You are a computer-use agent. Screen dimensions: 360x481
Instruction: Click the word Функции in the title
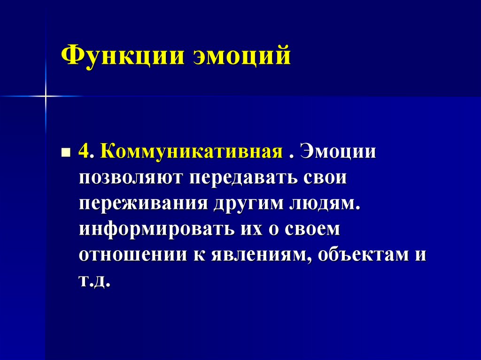point(122,56)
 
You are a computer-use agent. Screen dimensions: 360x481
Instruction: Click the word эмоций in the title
point(241,56)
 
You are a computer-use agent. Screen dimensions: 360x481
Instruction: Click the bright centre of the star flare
point(46,96)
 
